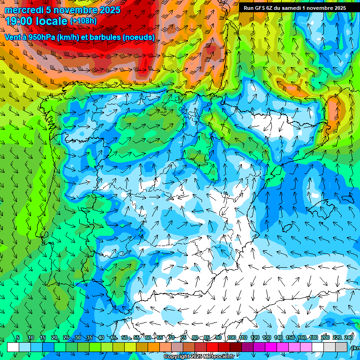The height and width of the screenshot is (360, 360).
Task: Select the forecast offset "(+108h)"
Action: (x=83, y=21)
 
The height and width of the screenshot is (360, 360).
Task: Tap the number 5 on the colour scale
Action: (x=18, y=337)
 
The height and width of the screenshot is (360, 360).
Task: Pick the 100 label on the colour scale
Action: (x=232, y=337)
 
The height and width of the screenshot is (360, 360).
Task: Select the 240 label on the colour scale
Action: (x=349, y=337)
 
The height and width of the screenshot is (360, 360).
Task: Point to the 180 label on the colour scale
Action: (x=314, y=337)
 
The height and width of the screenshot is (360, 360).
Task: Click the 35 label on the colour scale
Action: (x=90, y=337)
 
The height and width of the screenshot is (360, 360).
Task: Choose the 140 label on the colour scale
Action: (x=278, y=337)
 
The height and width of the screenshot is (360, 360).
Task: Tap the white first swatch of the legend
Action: (x=13, y=347)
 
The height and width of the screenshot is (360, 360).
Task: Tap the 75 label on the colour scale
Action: (x=183, y=337)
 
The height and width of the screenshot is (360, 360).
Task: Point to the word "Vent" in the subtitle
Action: (x=13, y=37)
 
